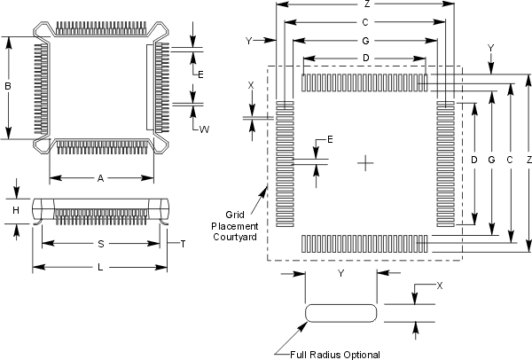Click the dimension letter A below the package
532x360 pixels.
[100, 178]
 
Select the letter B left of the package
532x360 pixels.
[7, 87]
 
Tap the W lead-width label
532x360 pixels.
[204, 129]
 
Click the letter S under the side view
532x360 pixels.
[100, 244]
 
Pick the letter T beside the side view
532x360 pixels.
[183, 244]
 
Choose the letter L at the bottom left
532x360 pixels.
[100, 266]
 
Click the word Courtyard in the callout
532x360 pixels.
[233, 238]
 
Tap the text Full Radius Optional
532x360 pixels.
[336, 355]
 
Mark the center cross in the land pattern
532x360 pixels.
[365, 161]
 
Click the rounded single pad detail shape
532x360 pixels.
[341, 314]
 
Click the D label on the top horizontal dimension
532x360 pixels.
[365, 59]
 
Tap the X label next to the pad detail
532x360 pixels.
[439, 286]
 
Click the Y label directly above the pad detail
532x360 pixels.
[341, 274]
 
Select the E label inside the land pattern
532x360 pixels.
[329, 140]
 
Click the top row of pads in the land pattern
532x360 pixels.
[365, 82]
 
